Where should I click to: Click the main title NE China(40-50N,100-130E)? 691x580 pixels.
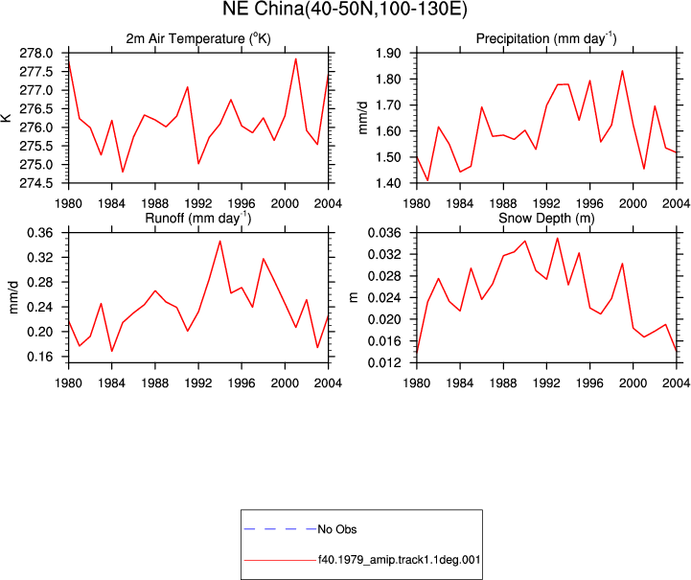coord(345,10)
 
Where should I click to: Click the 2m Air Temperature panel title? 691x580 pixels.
coord(198,38)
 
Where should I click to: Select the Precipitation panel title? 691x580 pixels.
coord(546,38)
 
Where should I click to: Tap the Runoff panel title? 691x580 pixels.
coord(198,218)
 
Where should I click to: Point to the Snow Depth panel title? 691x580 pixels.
coord(546,218)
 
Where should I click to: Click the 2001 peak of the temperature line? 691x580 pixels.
coord(296,58)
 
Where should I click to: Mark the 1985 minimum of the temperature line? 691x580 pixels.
coord(123,172)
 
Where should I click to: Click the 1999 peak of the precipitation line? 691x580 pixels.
coord(622,71)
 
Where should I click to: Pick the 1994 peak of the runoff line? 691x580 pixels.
coord(219,241)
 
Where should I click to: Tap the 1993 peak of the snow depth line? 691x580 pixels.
coord(558,238)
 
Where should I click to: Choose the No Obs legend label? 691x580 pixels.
coord(337,529)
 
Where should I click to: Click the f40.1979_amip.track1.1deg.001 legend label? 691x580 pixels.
coord(399,560)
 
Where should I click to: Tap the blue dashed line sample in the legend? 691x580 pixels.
coord(280,529)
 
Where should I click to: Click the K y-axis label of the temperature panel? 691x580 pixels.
coord(6,118)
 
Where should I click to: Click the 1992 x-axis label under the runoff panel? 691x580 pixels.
coord(198,383)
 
